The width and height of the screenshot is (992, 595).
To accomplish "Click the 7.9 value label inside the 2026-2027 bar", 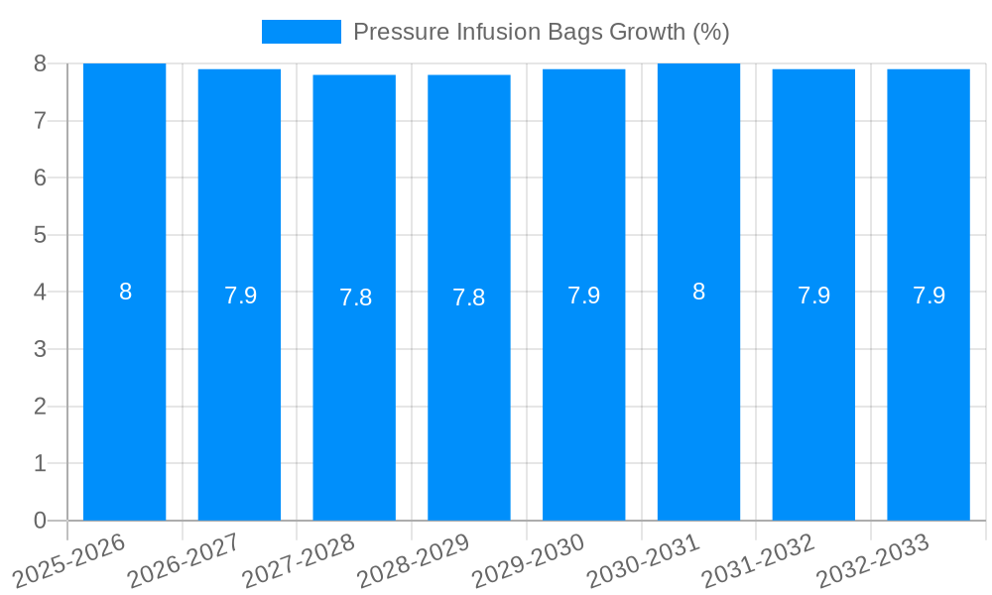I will [x=240, y=296].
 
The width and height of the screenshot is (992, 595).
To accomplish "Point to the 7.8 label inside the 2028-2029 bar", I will [x=469, y=297].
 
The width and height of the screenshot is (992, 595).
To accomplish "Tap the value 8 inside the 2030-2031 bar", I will [x=698, y=292].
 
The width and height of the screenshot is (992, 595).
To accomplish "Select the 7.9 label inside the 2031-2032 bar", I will [x=813, y=296].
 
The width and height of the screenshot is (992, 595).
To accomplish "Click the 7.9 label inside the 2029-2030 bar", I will [x=583, y=296].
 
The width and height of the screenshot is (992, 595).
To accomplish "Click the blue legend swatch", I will [x=301, y=32].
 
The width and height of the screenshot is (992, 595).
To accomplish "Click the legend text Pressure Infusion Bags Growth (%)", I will [x=541, y=32].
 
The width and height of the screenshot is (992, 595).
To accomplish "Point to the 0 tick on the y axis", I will [x=40, y=521].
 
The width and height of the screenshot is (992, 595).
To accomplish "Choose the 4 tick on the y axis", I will [x=40, y=293].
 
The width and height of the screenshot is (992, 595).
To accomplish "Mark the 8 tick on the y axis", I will [x=40, y=63].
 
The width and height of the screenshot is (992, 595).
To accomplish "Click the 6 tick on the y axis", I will [x=40, y=178].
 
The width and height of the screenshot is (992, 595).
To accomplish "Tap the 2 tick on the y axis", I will [x=40, y=407].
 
